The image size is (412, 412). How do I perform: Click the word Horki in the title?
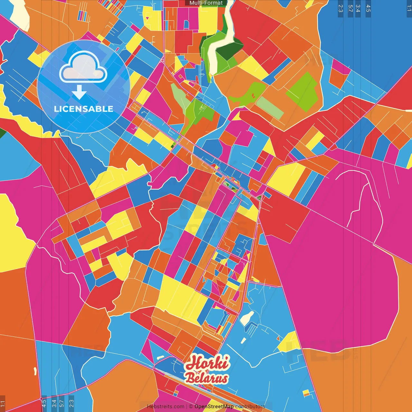208,363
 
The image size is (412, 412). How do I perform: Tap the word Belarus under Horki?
207,379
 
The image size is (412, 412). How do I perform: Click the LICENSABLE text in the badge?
83,109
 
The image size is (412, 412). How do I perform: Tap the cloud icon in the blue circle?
83,67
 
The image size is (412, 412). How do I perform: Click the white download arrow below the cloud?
79,92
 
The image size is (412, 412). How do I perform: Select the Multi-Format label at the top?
206,3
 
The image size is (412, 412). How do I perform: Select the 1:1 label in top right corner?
409,8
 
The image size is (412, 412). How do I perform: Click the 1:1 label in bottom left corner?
3,404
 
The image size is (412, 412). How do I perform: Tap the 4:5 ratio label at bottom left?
44,403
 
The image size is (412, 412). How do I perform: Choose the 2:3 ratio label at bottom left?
71,403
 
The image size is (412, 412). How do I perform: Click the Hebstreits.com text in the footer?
165,407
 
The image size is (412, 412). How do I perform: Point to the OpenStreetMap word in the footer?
214,407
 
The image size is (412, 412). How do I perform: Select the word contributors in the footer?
250,407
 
